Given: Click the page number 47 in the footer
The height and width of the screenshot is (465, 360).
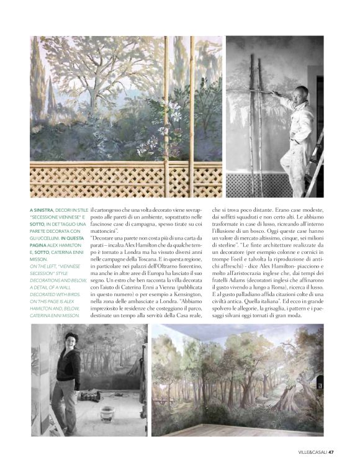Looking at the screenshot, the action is pos(332,451).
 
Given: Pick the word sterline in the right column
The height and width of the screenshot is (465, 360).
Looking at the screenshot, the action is pos(227,248).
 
